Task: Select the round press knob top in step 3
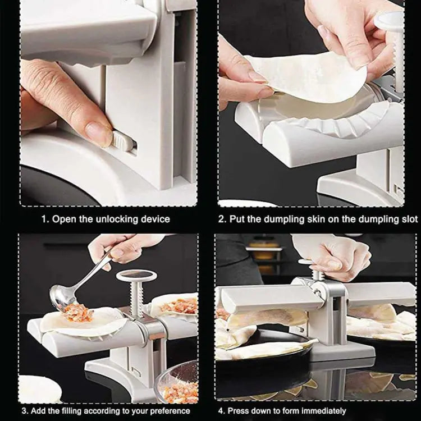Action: click(136, 276)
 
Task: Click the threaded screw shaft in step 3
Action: click(136, 300)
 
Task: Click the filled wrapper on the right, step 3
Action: click(179, 306)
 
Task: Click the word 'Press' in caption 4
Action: click(242, 411)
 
